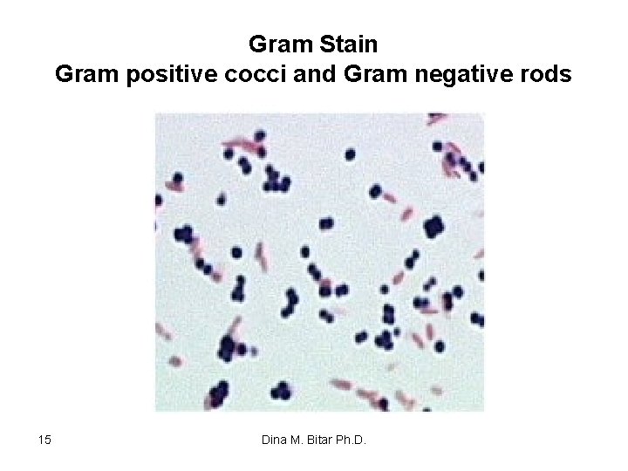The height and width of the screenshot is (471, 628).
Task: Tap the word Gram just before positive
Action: (x=85, y=75)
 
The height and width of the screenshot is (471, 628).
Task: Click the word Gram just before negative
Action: (x=374, y=75)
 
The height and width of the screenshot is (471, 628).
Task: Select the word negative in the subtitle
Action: (x=461, y=75)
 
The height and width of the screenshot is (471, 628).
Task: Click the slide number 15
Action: (x=46, y=440)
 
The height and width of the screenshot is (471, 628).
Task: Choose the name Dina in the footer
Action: (x=275, y=440)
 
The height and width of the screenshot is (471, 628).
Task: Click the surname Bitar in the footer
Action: (x=327, y=440)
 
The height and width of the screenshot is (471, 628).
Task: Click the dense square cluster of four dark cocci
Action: (x=433, y=228)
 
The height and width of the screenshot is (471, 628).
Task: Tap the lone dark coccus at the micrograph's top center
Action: (x=350, y=154)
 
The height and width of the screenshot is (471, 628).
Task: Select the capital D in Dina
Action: (x=266, y=440)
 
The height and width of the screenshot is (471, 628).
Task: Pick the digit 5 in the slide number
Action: (x=50, y=440)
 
